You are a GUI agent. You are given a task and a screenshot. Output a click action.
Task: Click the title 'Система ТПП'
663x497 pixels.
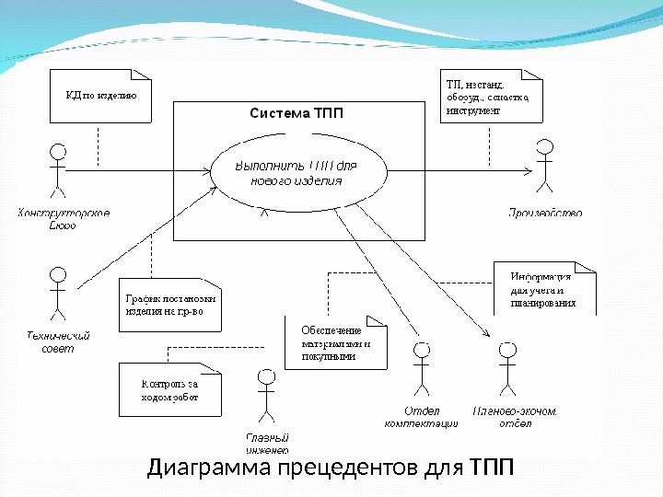pyautogui.click(x=296, y=114)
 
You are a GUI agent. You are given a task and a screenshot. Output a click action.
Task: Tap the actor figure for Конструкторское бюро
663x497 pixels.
pyautogui.click(x=59, y=169)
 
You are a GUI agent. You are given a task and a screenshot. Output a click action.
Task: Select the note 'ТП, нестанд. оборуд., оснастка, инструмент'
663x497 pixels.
pyautogui.click(x=488, y=96)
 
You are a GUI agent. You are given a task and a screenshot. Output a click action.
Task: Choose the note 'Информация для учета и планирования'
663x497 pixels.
pyautogui.click(x=545, y=289)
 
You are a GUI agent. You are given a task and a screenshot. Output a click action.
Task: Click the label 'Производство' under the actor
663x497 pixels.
pyautogui.click(x=545, y=214)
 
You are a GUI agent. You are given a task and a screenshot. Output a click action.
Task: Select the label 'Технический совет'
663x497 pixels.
pyautogui.click(x=58, y=342)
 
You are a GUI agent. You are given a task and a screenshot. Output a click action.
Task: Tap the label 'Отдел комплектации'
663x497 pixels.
pyautogui.click(x=421, y=417)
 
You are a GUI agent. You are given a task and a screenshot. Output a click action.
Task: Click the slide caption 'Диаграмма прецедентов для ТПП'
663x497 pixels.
pyautogui.click(x=331, y=468)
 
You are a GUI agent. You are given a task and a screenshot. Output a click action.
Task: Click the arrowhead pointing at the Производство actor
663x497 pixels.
pyautogui.click(x=527, y=171)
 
